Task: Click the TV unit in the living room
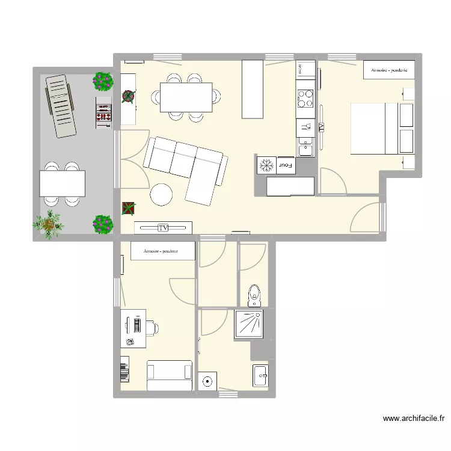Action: [x=163, y=227]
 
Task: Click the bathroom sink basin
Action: [x=261, y=376]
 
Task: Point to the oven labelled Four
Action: [x=286, y=164]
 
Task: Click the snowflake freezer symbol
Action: [x=266, y=164]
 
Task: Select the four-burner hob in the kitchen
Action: [x=305, y=97]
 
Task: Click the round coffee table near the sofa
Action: [x=162, y=194]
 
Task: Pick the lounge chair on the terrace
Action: [x=61, y=105]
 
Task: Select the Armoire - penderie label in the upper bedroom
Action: [x=389, y=70]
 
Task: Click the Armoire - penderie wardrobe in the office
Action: [x=162, y=251]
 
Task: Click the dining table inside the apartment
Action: [x=186, y=97]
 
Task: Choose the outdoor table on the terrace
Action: [x=63, y=183]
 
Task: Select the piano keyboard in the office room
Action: [x=125, y=369]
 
